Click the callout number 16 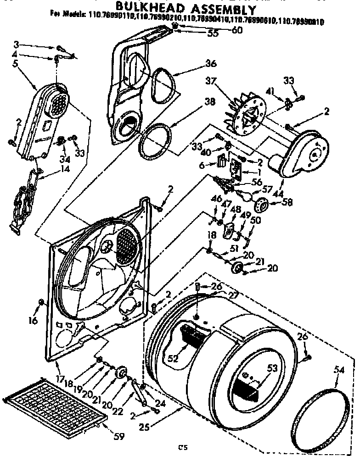tap(33, 321)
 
